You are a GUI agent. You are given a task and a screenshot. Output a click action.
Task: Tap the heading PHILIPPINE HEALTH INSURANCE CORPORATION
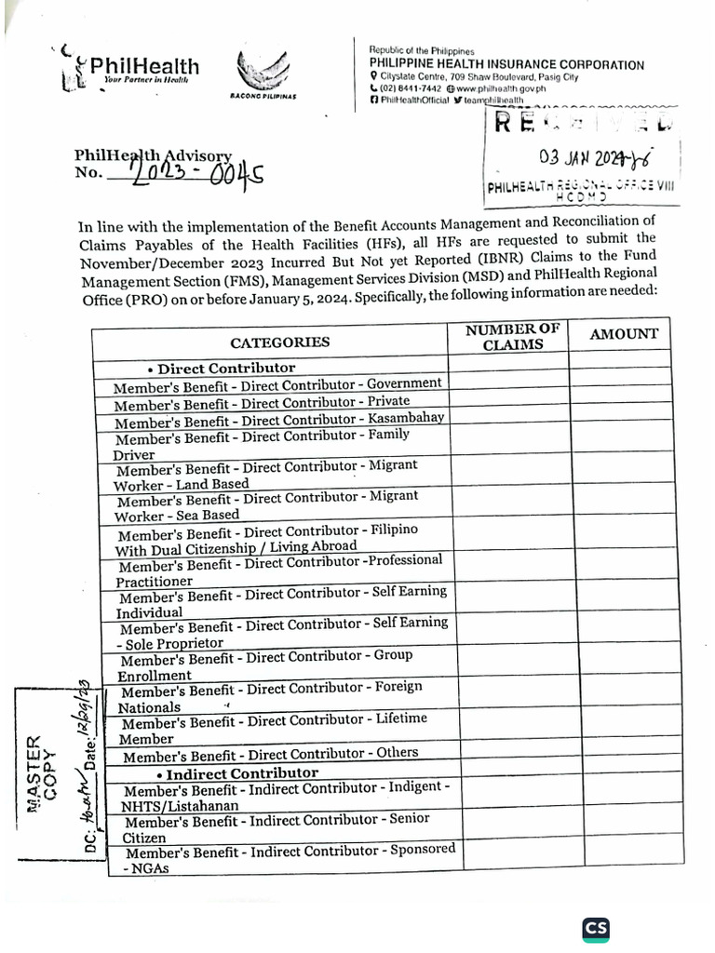(x=506, y=64)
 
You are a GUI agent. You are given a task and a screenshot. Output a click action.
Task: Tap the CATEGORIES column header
(x=279, y=342)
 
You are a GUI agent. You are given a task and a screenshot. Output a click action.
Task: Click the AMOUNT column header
(x=624, y=333)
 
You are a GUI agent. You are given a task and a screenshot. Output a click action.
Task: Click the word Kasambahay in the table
(x=404, y=417)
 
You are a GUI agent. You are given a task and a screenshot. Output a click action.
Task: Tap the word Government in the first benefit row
(x=404, y=383)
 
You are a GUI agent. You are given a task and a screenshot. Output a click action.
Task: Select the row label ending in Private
(x=262, y=403)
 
